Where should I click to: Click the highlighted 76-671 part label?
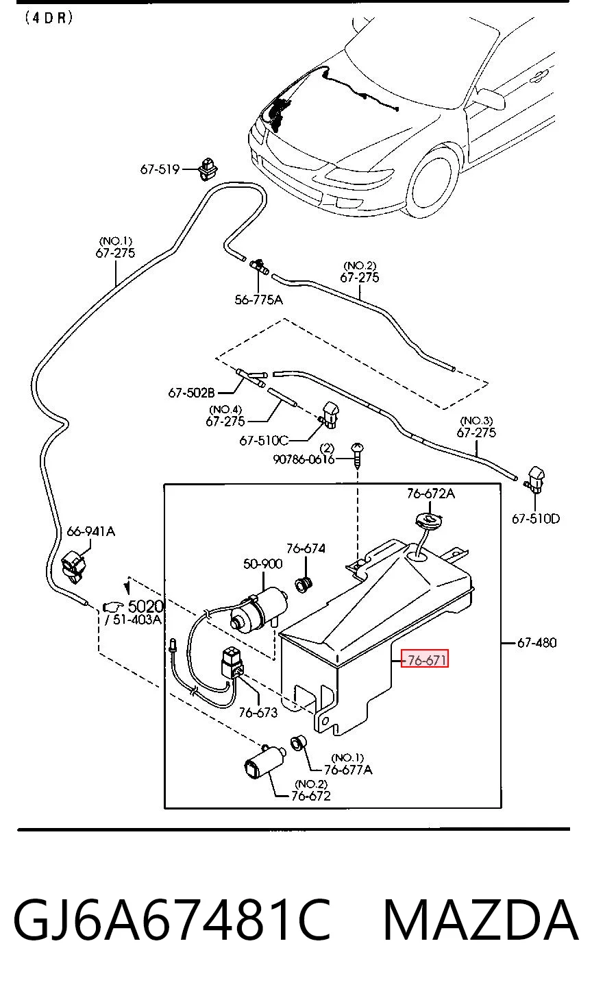coord(425,659)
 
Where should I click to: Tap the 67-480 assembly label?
coord(536,642)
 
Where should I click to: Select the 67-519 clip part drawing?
coord(208,169)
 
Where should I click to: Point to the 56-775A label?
coord(259,300)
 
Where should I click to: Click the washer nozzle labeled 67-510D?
coord(536,480)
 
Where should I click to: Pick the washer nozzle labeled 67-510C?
coord(330,415)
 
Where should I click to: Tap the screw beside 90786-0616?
coord(358,454)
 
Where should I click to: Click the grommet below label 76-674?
coord(305,585)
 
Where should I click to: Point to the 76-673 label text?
coord(258,712)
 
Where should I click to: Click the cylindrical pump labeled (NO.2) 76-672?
coord(264,762)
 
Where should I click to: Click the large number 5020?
coord(146,606)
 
